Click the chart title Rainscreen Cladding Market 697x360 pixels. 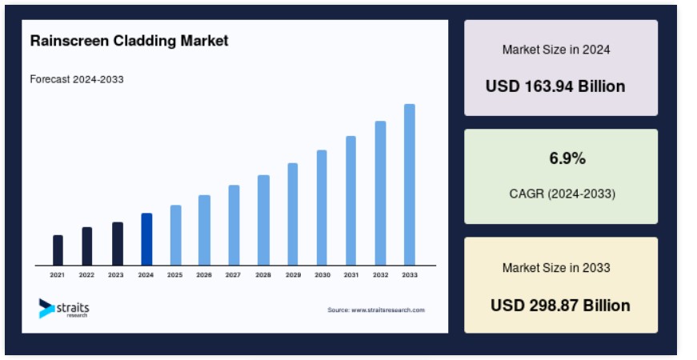[x=129, y=41]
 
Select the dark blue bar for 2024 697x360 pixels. [x=146, y=239]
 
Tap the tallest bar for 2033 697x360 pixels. [x=410, y=185]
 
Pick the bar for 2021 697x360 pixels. [x=58, y=250]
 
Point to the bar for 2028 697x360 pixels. [x=263, y=221]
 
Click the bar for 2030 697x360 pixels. [x=322, y=208]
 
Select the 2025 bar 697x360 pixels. [x=175, y=235]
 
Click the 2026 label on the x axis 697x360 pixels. [x=204, y=275]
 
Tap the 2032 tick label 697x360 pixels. [x=380, y=275]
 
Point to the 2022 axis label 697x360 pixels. [x=86, y=275]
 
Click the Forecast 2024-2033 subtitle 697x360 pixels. [x=77, y=79]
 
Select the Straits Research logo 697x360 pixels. [x=64, y=308]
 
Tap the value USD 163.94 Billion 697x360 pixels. [x=555, y=86]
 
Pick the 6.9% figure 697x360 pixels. [x=567, y=158]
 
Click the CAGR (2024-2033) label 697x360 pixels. [x=563, y=194]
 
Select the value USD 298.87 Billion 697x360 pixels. [x=560, y=306]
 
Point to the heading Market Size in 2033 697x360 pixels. [x=556, y=267]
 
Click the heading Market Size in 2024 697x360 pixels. [x=556, y=50]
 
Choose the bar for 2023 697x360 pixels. [x=118, y=244]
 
